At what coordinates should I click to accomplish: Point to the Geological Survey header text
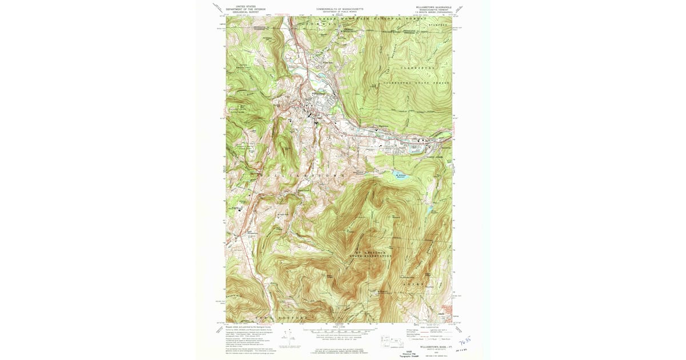(x=246, y=12)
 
